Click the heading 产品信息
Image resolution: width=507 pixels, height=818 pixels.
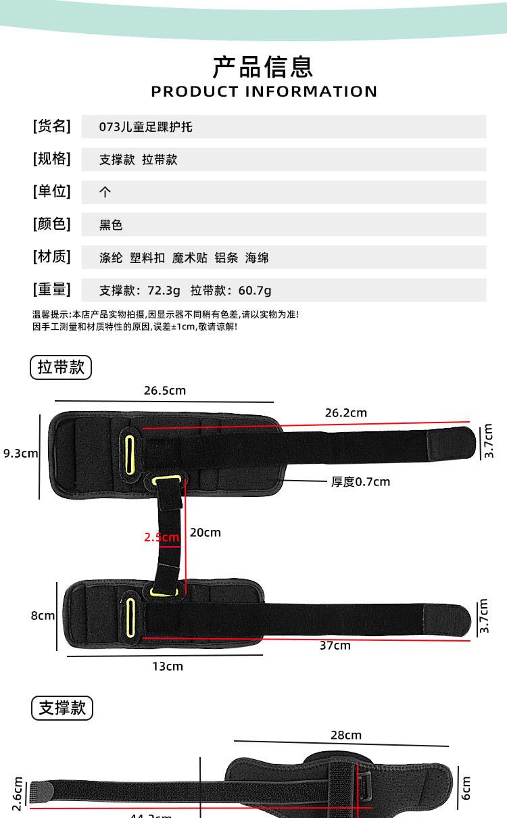click(x=263, y=67)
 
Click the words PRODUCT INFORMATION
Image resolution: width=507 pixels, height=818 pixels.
click(x=264, y=91)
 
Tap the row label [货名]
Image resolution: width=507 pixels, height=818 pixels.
click(x=51, y=126)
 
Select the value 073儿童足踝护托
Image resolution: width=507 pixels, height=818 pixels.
click(x=145, y=126)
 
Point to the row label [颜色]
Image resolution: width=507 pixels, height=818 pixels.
click(x=51, y=224)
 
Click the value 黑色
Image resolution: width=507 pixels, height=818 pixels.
click(x=111, y=225)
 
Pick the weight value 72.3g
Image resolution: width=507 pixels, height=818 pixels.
click(x=164, y=291)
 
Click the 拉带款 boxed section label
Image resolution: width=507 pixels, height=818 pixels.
click(x=61, y=367)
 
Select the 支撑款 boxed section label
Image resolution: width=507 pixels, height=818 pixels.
click(x=62, y=708)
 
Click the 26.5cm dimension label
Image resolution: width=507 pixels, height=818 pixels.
click(x=164, y=391)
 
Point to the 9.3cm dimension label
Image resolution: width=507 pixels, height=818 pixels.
click(x=20, y=453)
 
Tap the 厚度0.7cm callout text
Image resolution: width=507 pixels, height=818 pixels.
click(x=360, y=482)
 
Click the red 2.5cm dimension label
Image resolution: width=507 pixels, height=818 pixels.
click(x=161, y=537)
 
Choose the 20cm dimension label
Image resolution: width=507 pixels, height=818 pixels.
click(x=205, y=533)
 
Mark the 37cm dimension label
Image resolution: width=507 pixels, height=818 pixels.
click(x=335, y=646)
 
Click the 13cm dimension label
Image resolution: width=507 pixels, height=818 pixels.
click(x=167, y=667)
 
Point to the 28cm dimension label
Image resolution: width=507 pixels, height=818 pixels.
click(x=345, y=735)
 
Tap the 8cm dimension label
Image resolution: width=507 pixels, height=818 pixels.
click(x=43, y=616)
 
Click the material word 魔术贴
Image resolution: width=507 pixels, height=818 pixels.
click(x=189, y=258)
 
